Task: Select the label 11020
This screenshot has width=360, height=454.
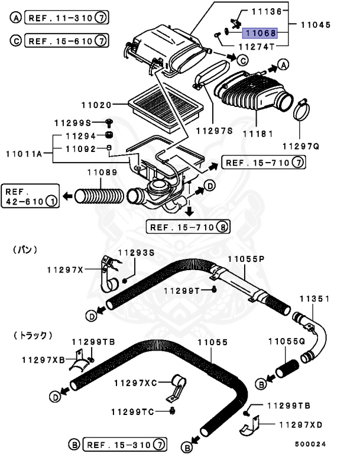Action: point(96,105)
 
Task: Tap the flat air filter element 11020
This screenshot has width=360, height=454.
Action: point(167,106)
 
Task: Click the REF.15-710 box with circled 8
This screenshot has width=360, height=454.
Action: point(189,226)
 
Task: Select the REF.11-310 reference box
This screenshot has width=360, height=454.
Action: point(66,18)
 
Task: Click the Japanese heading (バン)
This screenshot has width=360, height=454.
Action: point(25,250)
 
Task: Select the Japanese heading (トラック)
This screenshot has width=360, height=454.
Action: point(33,335)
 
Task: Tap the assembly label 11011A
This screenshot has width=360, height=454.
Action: point(24,154)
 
